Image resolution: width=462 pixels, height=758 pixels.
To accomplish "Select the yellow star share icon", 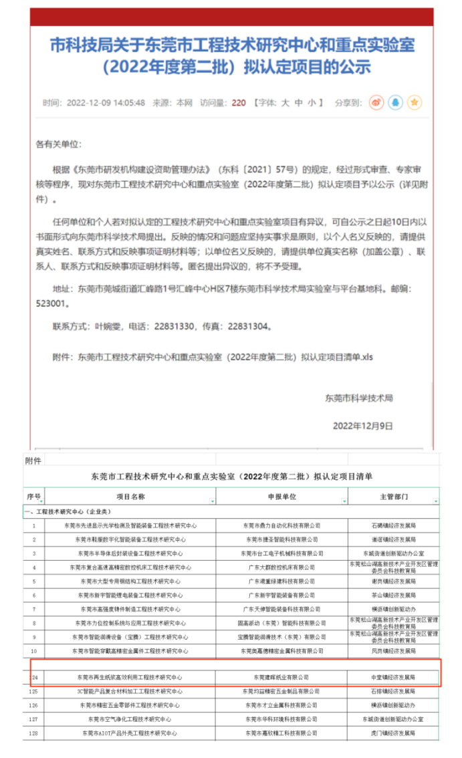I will coord(415,103).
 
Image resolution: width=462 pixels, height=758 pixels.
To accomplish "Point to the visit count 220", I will coord(239,103).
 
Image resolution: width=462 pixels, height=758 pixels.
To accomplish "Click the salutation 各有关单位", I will coord(57,144).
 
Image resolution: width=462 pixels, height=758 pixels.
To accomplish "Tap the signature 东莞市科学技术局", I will coord(359,398).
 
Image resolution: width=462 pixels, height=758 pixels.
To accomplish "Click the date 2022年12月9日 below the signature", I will coord(363,426).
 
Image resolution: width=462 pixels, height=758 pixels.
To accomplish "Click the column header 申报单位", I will coord(281,497).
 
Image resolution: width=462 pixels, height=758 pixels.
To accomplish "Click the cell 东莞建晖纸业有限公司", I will coord(281,677).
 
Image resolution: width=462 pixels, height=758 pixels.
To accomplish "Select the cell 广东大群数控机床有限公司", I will coord(281,567).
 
